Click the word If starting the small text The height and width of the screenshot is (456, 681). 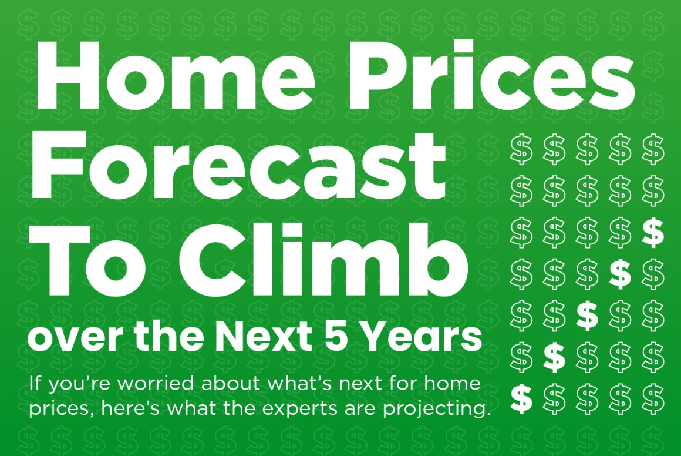click(34, 384)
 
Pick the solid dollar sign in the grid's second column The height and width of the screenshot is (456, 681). click(554, 356)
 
